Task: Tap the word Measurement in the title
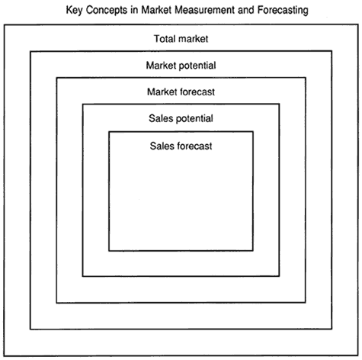pyautogui.click(x=204, y=10)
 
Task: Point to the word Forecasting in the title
pyautogui.click(x=283, y=11)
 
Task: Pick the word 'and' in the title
pyautogui.click(x=246, y=10)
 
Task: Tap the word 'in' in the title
pyautogui.click(x=134, y=10)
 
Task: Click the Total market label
pyautogui.click(x=181, y=39)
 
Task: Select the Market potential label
pyautogui.click(x=181, y=66)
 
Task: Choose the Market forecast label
pyautogui.click(x=181, y=92)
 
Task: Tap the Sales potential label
pyautogui.click(x=181, y=118)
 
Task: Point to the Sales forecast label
pyautogui.click(x=181, y=146)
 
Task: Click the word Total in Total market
pyautogui.click(x=165, y=39)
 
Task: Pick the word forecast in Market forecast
pyautogui.click(x=197, y=92)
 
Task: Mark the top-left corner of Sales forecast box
pyautogui.click(x=109, y=132)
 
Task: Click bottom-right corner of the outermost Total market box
pyautogui.click(x=358, y=355)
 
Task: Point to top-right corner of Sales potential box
pyautogui.click(x=280, y=104)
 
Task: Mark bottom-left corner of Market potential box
pyautogui.click(x=30, y=329)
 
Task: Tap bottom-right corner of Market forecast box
pyautogui.click(x=306, y=303)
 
